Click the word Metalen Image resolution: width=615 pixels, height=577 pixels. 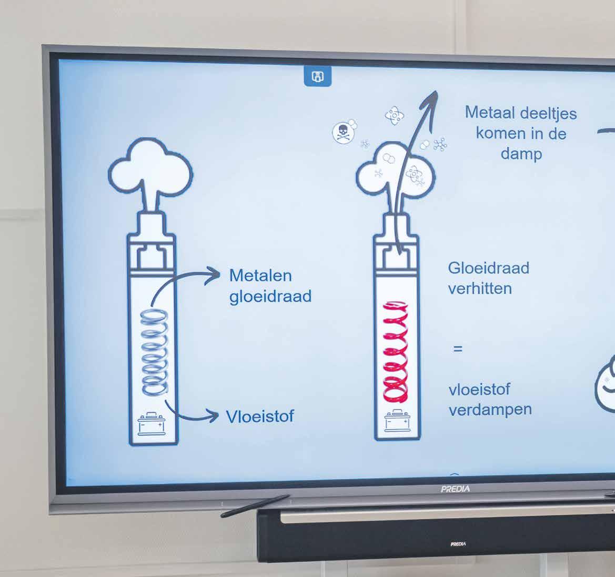pos(260,275)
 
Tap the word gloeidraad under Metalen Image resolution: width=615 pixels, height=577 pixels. pos(270,296)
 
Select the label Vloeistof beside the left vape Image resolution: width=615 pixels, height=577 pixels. pos(260,416)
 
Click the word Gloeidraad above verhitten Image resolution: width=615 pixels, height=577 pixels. pos(488,268)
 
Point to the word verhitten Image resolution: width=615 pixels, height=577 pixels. pos(480,288)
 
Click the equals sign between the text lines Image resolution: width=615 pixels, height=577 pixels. pos(458,349)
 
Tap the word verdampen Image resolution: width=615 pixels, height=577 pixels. pos(490,410)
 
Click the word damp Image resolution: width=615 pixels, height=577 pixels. pos(521,154)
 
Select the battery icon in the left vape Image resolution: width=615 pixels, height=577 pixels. pos(152,424)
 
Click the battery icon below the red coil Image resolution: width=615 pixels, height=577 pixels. pos(397,421)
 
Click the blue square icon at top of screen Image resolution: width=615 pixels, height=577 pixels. pos(318,77)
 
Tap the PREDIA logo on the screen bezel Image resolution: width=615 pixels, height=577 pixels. pos(456,489)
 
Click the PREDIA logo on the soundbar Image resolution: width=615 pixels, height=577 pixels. pos(458,544)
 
